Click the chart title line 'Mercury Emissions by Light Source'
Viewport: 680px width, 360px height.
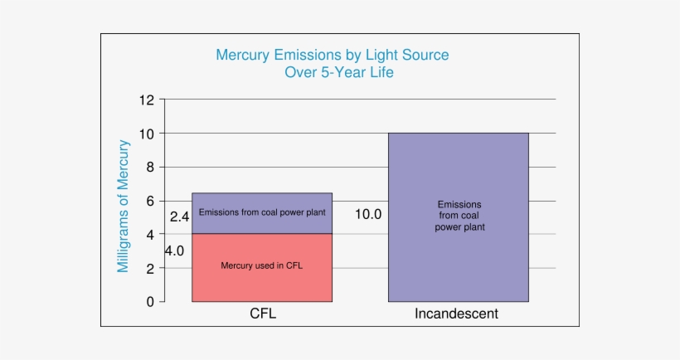(x=332, y=56)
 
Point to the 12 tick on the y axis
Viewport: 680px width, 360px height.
(x=147, y=100)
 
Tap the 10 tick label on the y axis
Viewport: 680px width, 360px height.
(x=147, y=134)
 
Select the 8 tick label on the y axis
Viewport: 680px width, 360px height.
(x=150, y=168)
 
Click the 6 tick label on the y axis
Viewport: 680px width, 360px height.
(x=150, y=202)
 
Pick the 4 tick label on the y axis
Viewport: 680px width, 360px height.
(x=150, y=235)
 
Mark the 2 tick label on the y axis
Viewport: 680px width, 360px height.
(x=150, y=269)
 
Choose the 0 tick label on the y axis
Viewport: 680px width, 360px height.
(x=150, y=302)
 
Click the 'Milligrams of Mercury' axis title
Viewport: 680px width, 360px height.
(x=124, y=207)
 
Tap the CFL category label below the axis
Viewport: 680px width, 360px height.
(x=262, y=314)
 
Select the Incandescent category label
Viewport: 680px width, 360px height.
(x=457, y=314)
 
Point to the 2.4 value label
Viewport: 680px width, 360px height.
(x=180, y=217)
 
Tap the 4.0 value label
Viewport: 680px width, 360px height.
(x=174, y=251)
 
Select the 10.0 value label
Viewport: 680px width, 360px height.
(x=368, y=214)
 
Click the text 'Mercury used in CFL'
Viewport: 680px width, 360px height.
(x=262, y=266)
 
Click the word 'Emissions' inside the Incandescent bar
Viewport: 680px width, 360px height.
(x=459, y=204)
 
